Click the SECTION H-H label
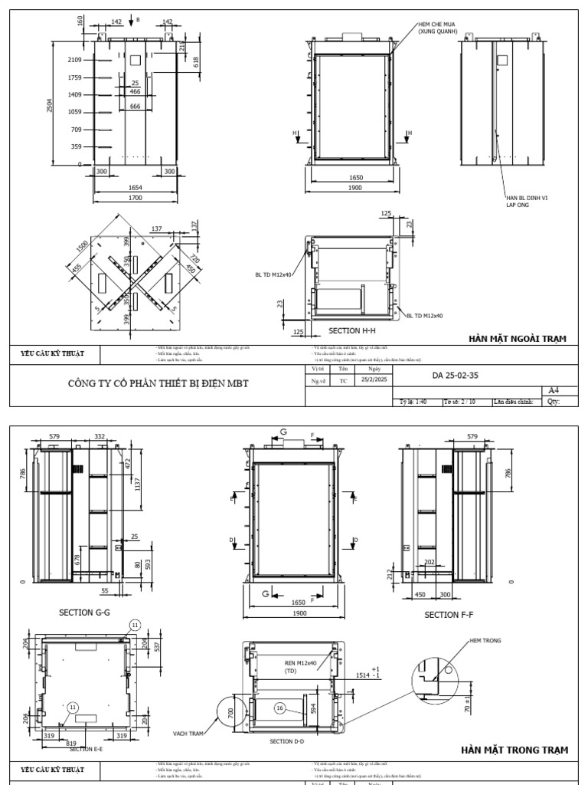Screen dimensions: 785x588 (x=352, y=330)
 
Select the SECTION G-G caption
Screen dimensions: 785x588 (x=85, y=613)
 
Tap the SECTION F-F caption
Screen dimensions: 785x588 (x=449, y=615)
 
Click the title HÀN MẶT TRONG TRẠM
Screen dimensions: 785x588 (x=514, y=750)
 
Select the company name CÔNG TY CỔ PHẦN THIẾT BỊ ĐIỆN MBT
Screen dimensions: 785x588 (x=158, y=383)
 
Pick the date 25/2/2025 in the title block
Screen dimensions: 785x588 (x=373, y=379)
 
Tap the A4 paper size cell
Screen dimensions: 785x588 (x=554, y=390)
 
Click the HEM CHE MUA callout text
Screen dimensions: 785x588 (x=438, y=28)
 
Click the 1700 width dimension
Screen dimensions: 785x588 (x=135, y=198)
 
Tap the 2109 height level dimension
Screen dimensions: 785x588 (x=75, y=59)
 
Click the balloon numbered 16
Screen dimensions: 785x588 (x=281, y=709)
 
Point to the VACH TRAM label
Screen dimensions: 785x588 (x=188, y=734)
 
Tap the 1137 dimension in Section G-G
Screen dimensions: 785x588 (x=138, y=490)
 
